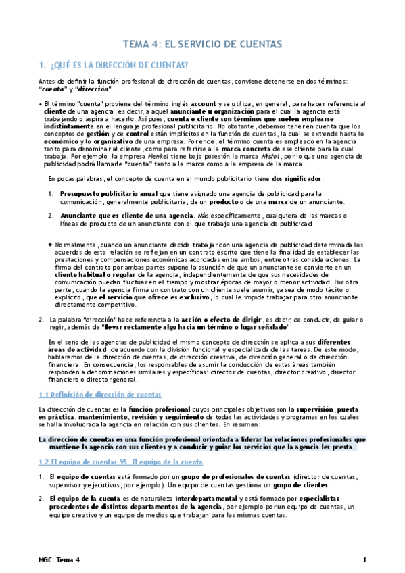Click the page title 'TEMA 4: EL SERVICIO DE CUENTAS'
(202, 44)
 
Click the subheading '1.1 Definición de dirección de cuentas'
(100, 394)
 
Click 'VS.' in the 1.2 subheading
(120, 462)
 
